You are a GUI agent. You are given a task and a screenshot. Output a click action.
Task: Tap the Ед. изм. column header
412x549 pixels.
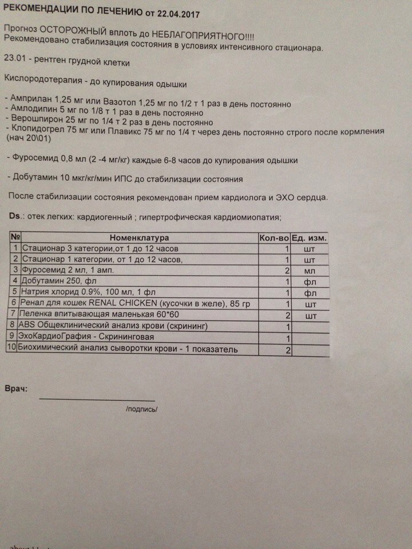coord(310,237)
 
